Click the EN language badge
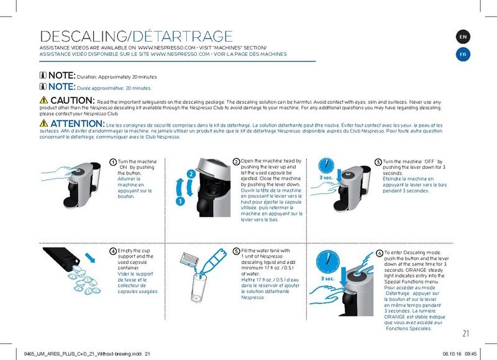click(463, 37)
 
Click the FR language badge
click(463, 54)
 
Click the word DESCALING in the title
click(81, 37)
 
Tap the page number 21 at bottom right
click(466, 334)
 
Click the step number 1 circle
click(113, 163)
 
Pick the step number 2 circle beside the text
click(236, 162)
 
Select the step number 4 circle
click(113, 251)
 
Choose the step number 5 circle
click(236, 251)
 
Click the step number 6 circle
click(380, 253)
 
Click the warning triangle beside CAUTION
click(43, 101)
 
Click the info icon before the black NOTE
click(43, 76)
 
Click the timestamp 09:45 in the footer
click(470, 354)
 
